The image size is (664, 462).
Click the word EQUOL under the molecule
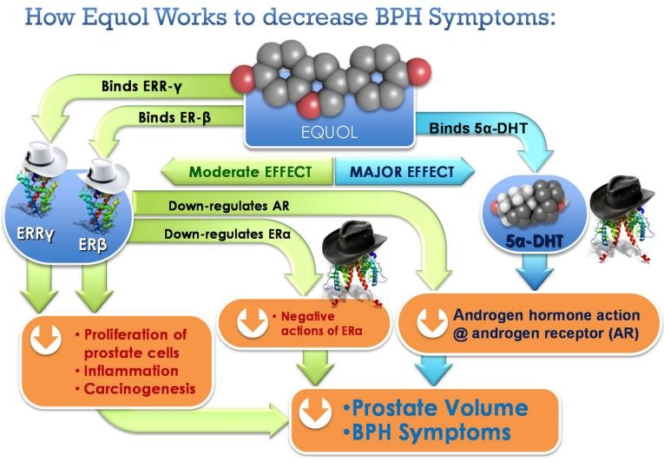pyautogui.click(x=335, y=135)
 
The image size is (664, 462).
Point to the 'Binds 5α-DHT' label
pyautogui.click(x=480, y=129)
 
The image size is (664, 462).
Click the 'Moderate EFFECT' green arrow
pyautogui.click(x=252, y=172)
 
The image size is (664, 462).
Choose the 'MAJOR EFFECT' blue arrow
pyautogui.click(x=401, y=172)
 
